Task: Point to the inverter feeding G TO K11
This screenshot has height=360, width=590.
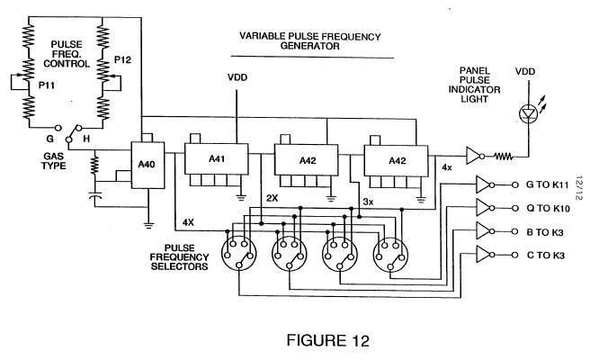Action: tap(482, 185)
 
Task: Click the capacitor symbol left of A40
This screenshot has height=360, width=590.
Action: tap(94, 195)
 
